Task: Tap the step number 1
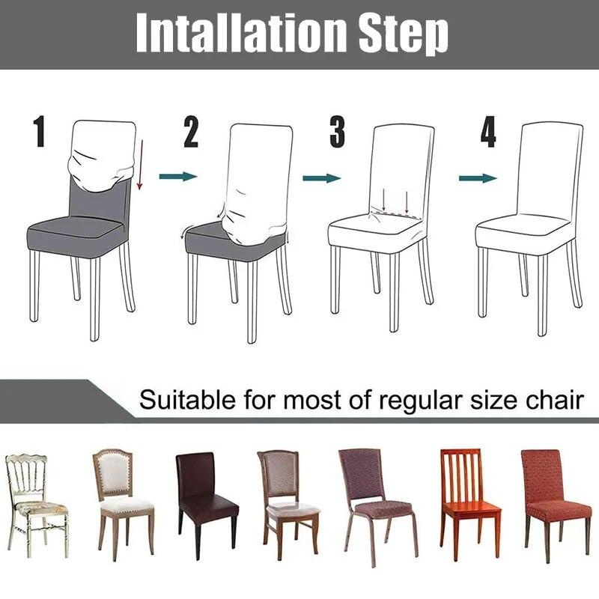pyautogui.click(x=39, y=133)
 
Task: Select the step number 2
pyautogui.click(x=191, y=133)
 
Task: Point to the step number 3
pyautogui.click(x=338, y=133)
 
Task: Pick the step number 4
pyautogui.click(x=488, y=133)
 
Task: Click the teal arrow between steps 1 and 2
pyautogui.click(x=177, y=176)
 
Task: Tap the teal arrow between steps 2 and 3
pyautogui.click(x=321, y=177)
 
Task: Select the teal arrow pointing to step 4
pyautogui.click(x=478, y=177)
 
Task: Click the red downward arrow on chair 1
pyautogui.click(x=139, y=161)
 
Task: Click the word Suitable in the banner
pyautogui.click(x=188, y=399)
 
